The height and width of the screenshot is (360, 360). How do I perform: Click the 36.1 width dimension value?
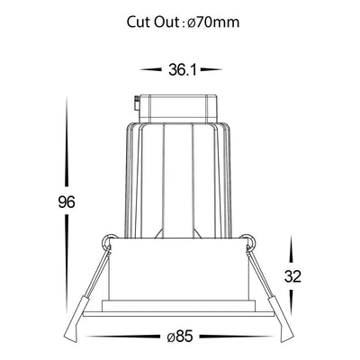(x=183, y=70)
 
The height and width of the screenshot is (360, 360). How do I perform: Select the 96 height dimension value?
(x=67, y=202)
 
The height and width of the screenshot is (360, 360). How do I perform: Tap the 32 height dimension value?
(x=292, y=276)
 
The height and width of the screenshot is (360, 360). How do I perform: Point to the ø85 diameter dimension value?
(x=180, y=337)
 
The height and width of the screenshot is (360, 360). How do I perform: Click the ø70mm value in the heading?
(x=213, y=22)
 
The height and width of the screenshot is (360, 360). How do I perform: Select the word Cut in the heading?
(x=139, y=22)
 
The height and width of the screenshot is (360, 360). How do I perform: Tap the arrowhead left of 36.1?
(x=150, y=70)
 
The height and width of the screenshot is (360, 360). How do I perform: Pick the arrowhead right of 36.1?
(x=211, y=70)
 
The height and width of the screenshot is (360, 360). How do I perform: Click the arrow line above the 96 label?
(x=67, y=141)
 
